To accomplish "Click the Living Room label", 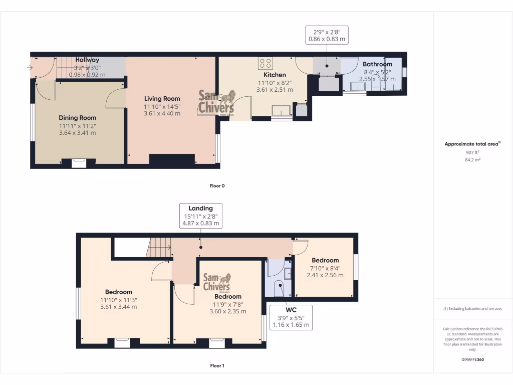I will click(162, 99).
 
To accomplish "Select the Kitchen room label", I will click(275, 75).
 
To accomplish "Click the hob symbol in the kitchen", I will click(266, 63).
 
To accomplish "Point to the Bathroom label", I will click(377, 64).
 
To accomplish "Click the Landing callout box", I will click(200, 216).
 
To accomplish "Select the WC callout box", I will click(291, 317).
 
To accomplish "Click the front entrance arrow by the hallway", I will click(30, 68).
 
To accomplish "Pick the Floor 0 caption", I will click(217, 185).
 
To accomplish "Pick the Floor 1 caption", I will click(217, 366).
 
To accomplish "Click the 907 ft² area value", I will click(472, 152).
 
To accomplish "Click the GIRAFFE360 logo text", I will click(472, 359).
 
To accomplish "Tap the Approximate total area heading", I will click(472, 144).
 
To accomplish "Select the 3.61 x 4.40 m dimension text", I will click(162, 114).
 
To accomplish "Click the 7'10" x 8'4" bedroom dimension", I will click(325, 268).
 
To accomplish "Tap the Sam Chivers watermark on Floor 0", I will click(217, 103).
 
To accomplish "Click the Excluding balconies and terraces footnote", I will click(472, 309).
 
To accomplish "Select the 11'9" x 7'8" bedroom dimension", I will click(227, 304).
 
